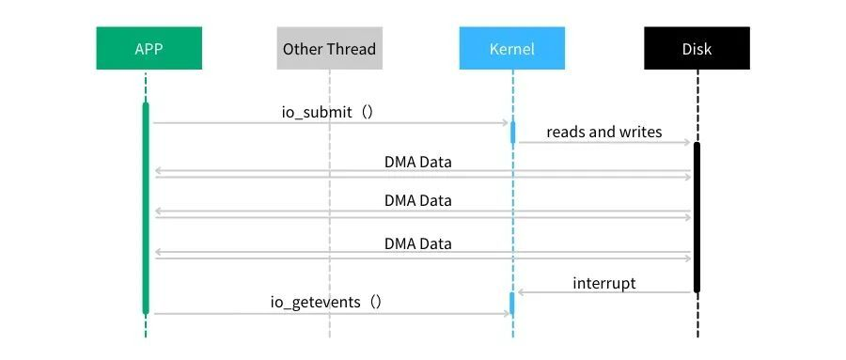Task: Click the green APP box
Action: (149, 48)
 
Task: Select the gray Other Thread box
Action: (329, 48)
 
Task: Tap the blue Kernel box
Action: (512, 48)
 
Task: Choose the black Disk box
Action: (697, 48)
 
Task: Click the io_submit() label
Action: (328, 111)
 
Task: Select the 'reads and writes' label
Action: (603, 132)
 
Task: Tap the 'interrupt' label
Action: (603, 282)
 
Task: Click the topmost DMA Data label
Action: (417, 162)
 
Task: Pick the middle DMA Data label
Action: (417, 200)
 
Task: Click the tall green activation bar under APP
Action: (146, 207)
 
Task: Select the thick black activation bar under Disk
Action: (697, 216)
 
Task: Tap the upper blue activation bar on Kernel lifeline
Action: (512, 131)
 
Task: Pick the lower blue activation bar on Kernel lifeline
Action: (512, 304)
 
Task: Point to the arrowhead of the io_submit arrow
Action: (505, 122)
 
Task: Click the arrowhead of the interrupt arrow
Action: (521, 292)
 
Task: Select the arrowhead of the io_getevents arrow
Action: (505, 313)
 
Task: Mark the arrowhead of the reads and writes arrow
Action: (688, 143)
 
